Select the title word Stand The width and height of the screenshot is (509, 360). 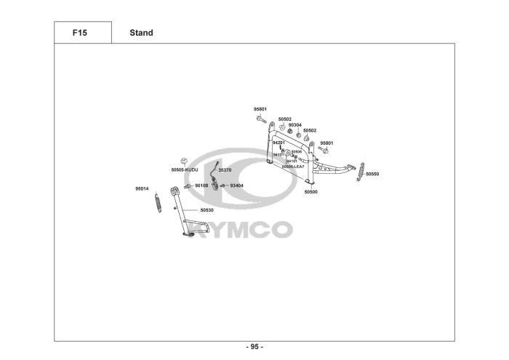[141, 33]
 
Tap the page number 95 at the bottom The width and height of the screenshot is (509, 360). [254, 346]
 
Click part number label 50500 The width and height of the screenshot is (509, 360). [310, 192]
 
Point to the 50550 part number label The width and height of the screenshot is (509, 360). [372, 175]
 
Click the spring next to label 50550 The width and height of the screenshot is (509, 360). [360, 174]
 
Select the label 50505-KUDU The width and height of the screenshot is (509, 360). [185, 169]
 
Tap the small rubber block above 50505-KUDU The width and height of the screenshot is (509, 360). [185, 161]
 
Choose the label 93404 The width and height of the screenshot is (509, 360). [236, 185]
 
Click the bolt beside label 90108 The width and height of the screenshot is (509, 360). [187, 185]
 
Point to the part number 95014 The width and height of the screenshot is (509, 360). [142, 188]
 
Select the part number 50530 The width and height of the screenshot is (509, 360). [207, 210]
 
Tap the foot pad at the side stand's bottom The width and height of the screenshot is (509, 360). [185, 234]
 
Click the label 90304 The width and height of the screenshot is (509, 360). [294, 124]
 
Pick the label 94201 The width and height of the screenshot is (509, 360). [278, 143]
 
